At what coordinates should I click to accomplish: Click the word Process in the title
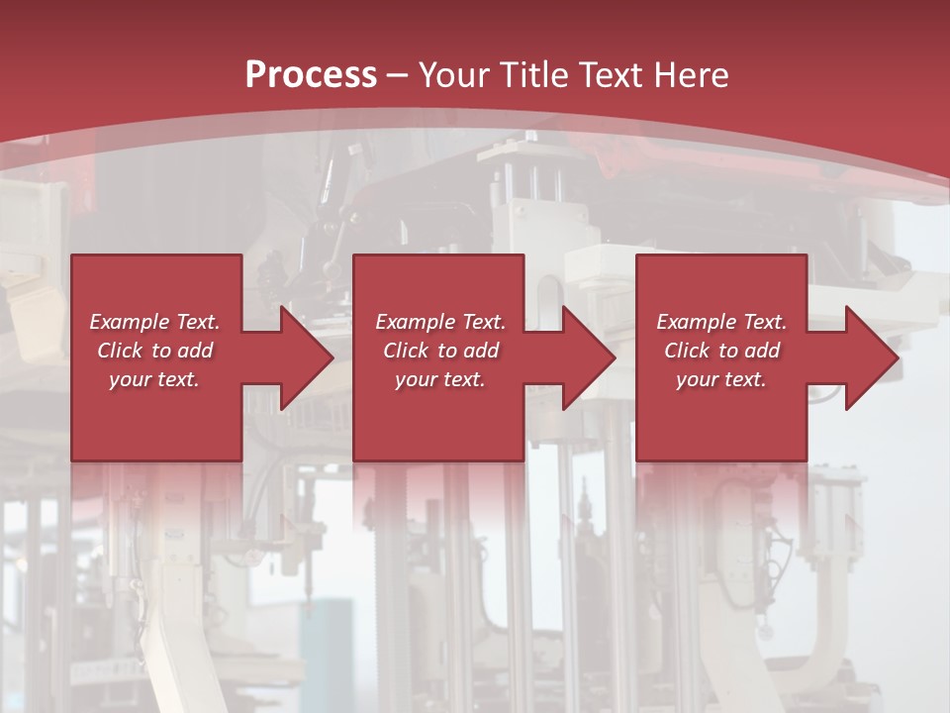click(311, 75)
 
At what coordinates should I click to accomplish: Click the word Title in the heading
click(531, 75)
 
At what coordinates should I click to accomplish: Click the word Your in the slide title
click(454, 75)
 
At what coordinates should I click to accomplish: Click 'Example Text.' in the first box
click(154, 322)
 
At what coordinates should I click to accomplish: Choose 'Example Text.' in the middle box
click(440, 322)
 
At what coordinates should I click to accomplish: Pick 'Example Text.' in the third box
click(721, 322)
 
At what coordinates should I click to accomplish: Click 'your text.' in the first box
click(154, 379)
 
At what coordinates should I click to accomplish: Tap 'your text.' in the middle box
click(440, 379)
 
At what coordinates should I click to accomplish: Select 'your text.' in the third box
click(721, 379)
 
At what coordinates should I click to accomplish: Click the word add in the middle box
click(481, 351)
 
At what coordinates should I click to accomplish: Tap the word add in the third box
click(762, 351)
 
